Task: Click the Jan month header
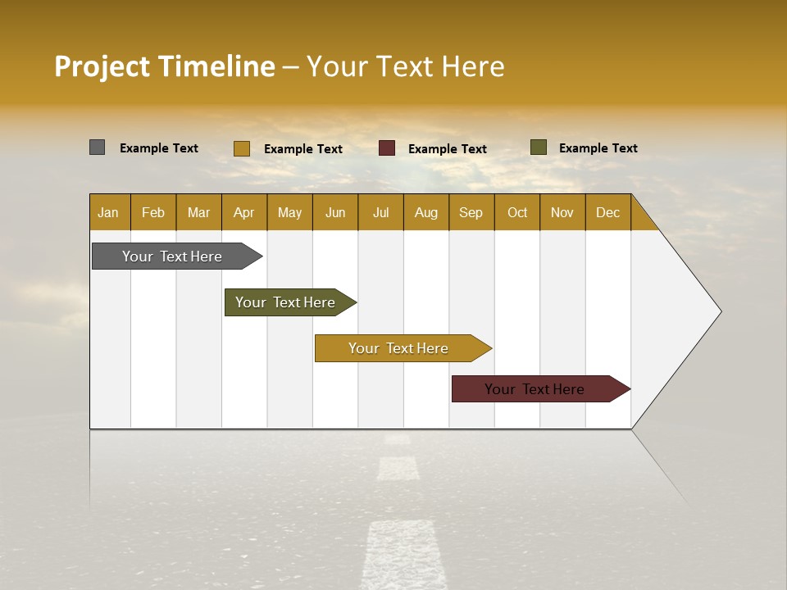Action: (x=109, y=212)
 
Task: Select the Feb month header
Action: (x=153, y=212)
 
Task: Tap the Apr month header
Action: (x=243, y=212)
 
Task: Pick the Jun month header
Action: (x=335, y=212)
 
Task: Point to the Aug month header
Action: (x=425, y=212)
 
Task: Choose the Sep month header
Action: (x=471, y=212)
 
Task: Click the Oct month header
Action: (x=517, y=212)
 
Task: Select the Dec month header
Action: (x=607, y=212)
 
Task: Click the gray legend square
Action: (x=97, y=147)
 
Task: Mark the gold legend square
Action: (x=241, y=148)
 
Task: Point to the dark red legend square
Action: (x=386, y=148)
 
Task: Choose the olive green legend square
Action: (x=538, y=147)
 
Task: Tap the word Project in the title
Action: (x=102, y=66)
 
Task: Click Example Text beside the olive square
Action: (x=598, y=148)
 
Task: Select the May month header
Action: (x=289, y=212)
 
